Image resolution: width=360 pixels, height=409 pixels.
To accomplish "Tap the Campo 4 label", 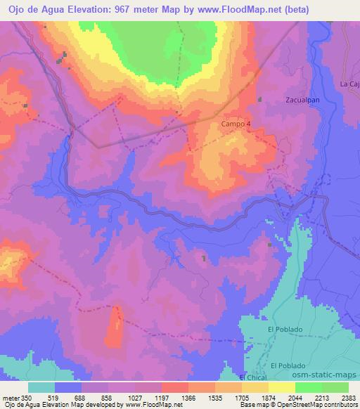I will point(236,123).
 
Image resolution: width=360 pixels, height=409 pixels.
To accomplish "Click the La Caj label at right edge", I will point(349,84).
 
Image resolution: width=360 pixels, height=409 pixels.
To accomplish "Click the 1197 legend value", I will point(162,397).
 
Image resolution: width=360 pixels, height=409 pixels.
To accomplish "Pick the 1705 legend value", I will point(241,397).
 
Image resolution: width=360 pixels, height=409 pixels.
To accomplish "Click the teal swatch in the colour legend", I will point(41,387).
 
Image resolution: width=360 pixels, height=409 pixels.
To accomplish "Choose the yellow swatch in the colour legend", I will point(281,387).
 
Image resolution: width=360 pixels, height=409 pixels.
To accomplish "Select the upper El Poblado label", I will point(285,329).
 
